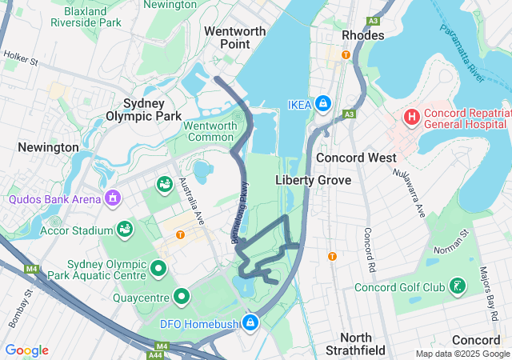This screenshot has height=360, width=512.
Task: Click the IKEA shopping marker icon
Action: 323,103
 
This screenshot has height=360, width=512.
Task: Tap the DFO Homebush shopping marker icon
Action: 250,322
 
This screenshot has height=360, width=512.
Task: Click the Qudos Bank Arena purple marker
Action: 114,197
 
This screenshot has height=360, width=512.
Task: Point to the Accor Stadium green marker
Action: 125,230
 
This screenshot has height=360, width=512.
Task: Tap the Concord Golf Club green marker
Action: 457,286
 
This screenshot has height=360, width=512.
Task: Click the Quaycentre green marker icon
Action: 182,297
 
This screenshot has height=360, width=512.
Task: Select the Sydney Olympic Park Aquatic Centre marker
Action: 158,268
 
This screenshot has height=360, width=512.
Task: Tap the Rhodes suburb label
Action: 362,35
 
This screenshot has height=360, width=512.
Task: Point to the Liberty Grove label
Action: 313,181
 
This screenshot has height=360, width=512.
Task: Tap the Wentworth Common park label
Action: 210,132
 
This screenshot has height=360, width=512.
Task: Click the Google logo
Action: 26,350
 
